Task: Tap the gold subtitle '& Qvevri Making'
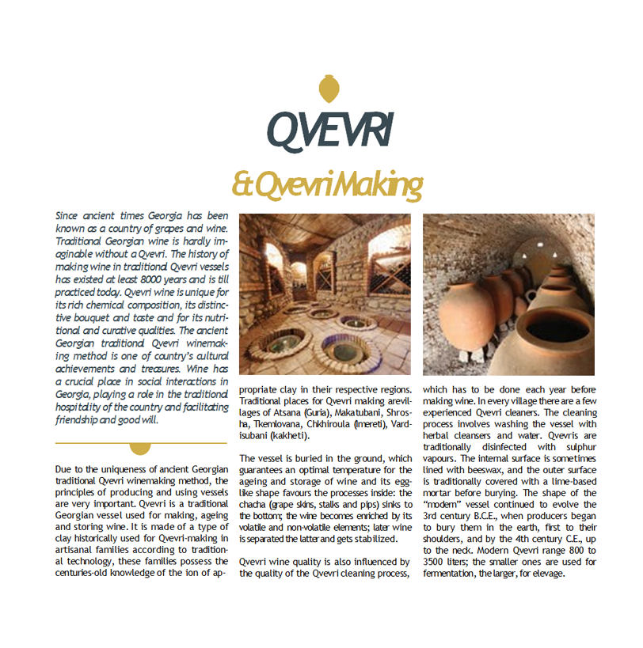tap(326, 185)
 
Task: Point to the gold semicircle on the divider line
tap(139, 447)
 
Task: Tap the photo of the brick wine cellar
tap(325, 294)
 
